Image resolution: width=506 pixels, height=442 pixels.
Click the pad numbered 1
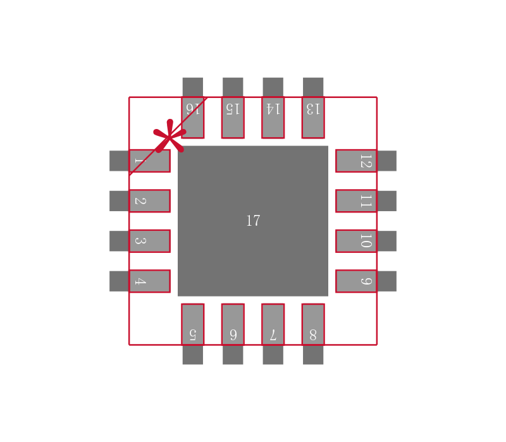coord(150,161)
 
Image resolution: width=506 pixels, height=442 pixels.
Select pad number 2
coord(150,201)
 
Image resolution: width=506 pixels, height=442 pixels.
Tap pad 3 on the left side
coord(150,241)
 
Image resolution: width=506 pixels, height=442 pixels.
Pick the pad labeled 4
coord(150,281)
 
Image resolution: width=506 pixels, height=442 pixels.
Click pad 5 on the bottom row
coord(193,324)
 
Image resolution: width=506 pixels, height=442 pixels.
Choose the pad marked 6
coord(233,324)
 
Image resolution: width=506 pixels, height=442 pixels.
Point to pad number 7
coord(273,324)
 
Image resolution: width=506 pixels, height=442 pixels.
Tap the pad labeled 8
coord(313,324)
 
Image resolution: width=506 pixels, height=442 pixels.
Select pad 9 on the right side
coord(356,281)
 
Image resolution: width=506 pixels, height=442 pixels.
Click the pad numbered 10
coord(356,241)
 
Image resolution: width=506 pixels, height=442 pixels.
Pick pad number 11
coord(356,201)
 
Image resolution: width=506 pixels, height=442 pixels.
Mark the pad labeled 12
coord(356,161)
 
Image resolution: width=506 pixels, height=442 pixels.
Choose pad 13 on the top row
coord(313,118)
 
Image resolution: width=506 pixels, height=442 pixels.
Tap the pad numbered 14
coord(273,118)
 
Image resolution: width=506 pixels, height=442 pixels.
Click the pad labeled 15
coord(233,118)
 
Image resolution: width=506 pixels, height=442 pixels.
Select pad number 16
coord(193,118)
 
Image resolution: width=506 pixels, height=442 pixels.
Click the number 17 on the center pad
coord(253,221)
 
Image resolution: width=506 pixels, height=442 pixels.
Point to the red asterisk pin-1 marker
coord(170,136)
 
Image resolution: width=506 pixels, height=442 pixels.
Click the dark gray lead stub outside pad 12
coord(386,161)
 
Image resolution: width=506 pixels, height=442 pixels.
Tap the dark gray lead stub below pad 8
coord(313,355)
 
